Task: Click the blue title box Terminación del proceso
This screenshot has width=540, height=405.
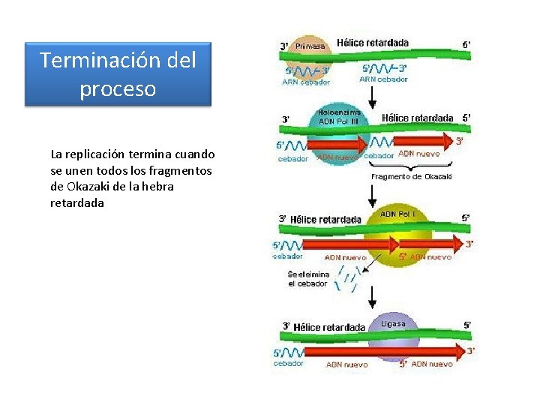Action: pos(118,73)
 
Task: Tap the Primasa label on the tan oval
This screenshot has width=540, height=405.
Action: pos(310,46)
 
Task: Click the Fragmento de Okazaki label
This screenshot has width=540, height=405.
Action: pos(412,176)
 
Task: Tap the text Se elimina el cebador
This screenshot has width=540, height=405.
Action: pos(308,279)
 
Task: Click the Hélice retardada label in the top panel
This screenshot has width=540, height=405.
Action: pos(373,43)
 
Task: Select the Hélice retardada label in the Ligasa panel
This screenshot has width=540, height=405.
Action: pos(329,327)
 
